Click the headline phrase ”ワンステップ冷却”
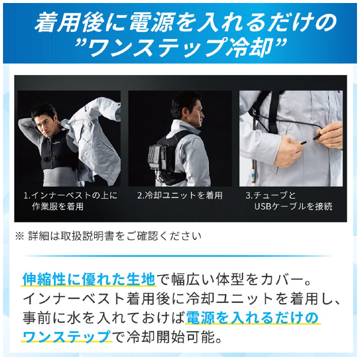(x=181, y=46)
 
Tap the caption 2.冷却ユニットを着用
(x=180, y=196)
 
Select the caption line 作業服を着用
(x=58, y=206)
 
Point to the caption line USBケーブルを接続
(x=293, y=206)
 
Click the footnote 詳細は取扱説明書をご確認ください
(x=115, y=236)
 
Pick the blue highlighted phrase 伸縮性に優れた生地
(x=89, y=279)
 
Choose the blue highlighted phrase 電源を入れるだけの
(x=252, y=318)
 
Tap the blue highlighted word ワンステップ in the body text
(x=67, y=337)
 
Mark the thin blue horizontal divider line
(x=178, y=256)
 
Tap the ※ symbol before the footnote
(x=20, y=236)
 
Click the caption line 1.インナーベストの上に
(x=70, y=196)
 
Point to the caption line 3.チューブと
(x=271, y=196)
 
